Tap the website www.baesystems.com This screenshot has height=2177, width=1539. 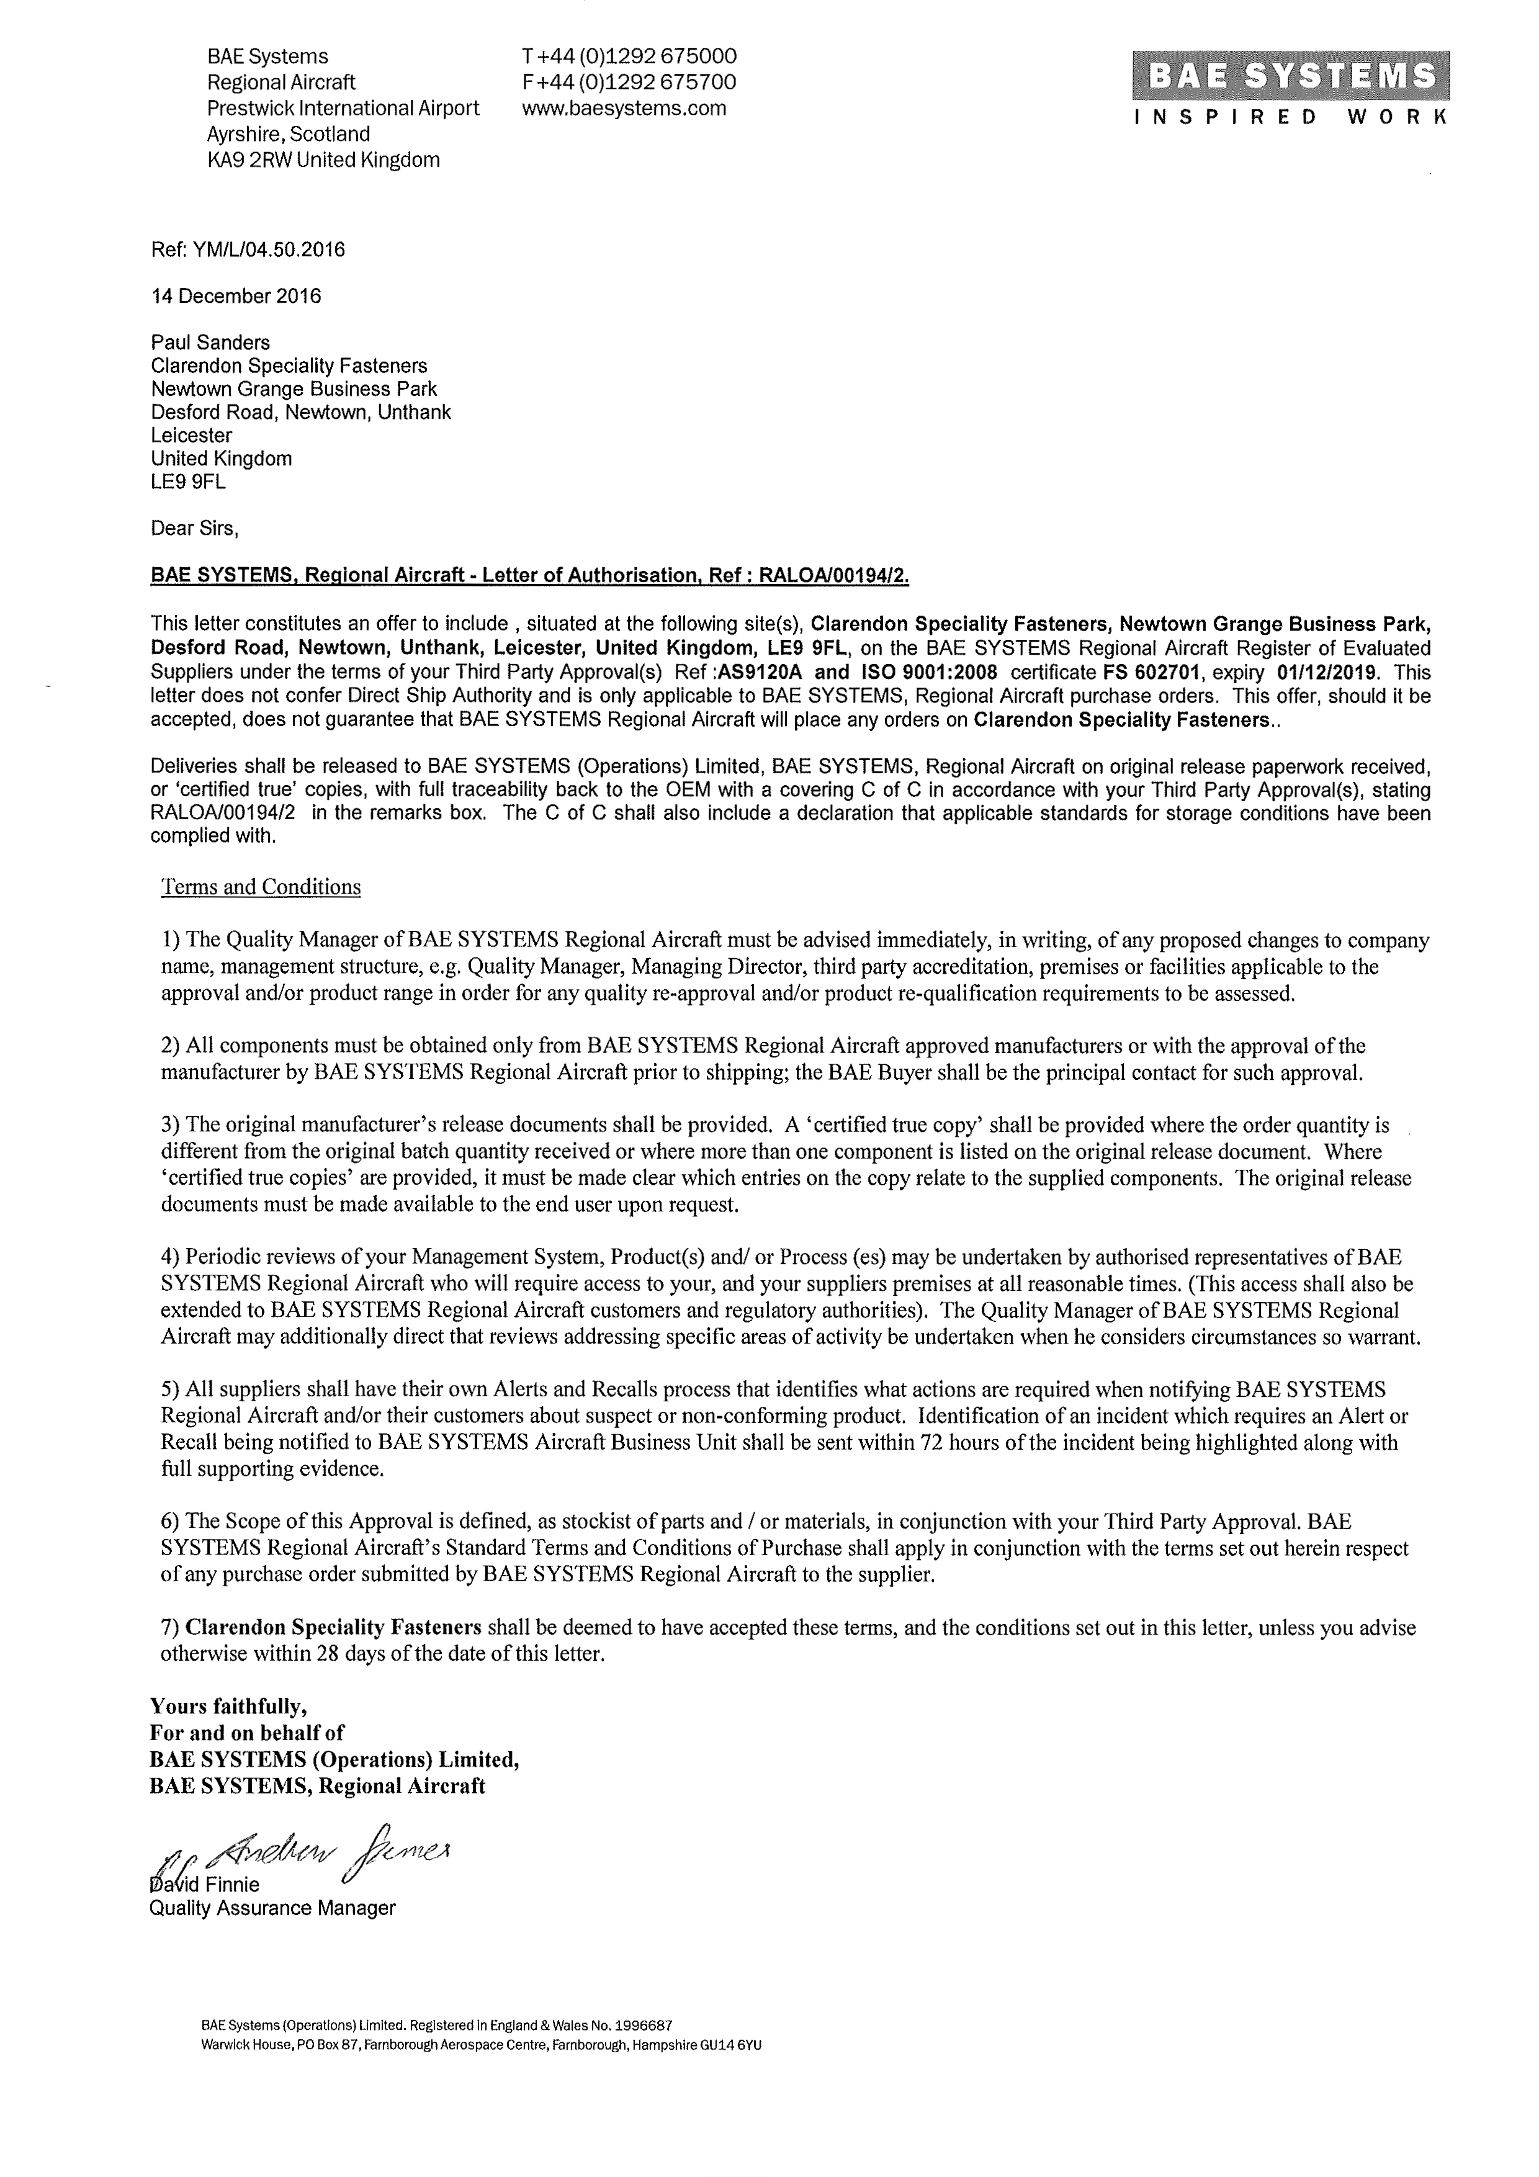click(x=624, y=108)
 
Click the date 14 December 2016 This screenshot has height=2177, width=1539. click(x=236, y=296)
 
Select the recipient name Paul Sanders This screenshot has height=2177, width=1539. click(x=210, y=343)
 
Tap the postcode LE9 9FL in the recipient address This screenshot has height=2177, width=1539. click(x=189, y=482)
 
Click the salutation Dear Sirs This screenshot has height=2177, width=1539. click(x=194, y=528)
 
